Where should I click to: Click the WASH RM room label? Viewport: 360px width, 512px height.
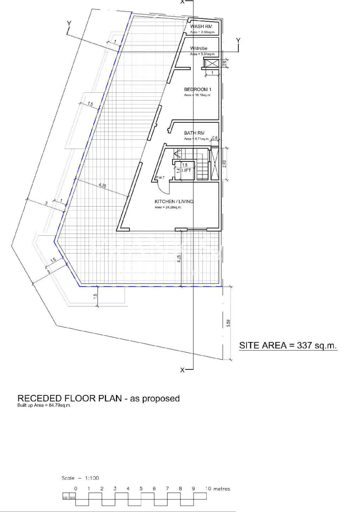tap(201, 26)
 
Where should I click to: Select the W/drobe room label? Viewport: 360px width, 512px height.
tap(199, 48)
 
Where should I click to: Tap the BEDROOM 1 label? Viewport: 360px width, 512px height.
tap(198, 89)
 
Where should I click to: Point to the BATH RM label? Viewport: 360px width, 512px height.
tap(194, 133)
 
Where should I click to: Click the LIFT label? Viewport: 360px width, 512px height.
tap(186, 170)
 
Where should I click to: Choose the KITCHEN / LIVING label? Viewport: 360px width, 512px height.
tap(174, 201)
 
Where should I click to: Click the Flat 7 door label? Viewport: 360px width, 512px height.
tap(160, 177)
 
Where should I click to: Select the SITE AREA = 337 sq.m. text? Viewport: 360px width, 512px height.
tap(288, 345)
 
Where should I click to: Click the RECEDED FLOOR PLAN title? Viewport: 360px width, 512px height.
tap(98, 398)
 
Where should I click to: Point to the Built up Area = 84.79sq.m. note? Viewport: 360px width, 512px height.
tap(44, 405)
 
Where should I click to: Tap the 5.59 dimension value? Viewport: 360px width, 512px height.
tap(229, 323)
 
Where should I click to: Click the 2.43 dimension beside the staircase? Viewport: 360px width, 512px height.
tap(224, 164)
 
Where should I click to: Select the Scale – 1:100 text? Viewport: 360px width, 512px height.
tap(80, 478)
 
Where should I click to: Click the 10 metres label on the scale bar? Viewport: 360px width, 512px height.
tap(218, 488)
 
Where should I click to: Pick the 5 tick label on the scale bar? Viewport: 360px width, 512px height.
tap(141, 488)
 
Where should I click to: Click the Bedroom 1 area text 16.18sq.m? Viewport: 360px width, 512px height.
tap(197, 95)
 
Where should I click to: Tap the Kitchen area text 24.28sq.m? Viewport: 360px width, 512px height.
tap(168, 207)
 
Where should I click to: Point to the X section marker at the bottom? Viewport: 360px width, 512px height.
tap(182, 370)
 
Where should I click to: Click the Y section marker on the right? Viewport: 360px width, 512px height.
tap(238, 40)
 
